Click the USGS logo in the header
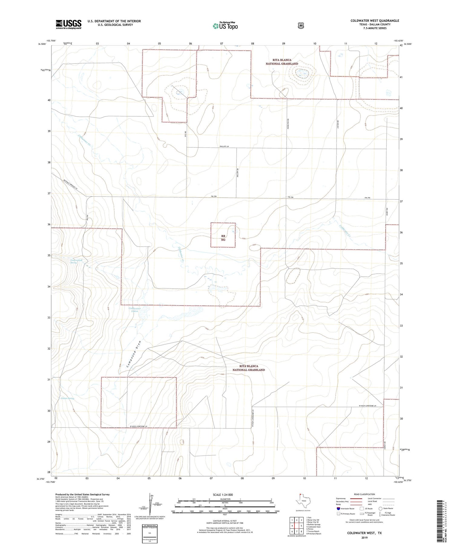[x=68, y=24]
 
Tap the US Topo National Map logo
[x=225, y=26]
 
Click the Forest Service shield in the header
[x=301, y=26]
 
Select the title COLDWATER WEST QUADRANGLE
[x=375, y=21]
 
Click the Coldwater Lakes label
[x=135, y=310]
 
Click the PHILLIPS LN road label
[x=224, y=146]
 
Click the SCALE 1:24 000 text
[x=225, y=494]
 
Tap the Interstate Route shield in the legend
[x=338, y=508]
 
